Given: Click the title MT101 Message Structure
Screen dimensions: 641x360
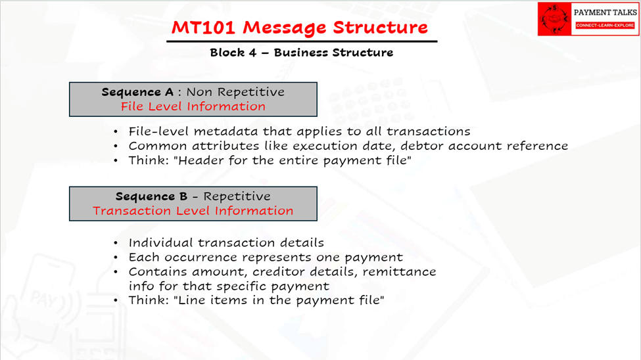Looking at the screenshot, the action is coord(299,28).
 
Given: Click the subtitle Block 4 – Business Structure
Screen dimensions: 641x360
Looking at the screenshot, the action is coord(302,53).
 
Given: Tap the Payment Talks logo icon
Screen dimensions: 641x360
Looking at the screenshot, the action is coord(554,19).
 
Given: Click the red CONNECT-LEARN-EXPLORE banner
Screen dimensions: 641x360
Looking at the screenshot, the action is coord(605,26).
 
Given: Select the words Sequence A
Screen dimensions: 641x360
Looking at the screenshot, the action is coord(137,92).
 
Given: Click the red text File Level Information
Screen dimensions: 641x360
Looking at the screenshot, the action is coord(193,106).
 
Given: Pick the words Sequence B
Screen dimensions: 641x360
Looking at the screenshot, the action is coord(151,196).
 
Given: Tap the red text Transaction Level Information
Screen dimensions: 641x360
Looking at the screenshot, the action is coord(193,211).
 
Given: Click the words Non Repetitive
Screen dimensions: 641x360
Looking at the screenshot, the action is coord(235,92).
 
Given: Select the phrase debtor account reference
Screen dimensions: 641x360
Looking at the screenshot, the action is coord(485,146).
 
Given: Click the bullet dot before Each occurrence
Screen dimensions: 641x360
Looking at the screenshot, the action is coord(116,258).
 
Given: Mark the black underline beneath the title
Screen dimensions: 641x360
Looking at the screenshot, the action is coord(302,41).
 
